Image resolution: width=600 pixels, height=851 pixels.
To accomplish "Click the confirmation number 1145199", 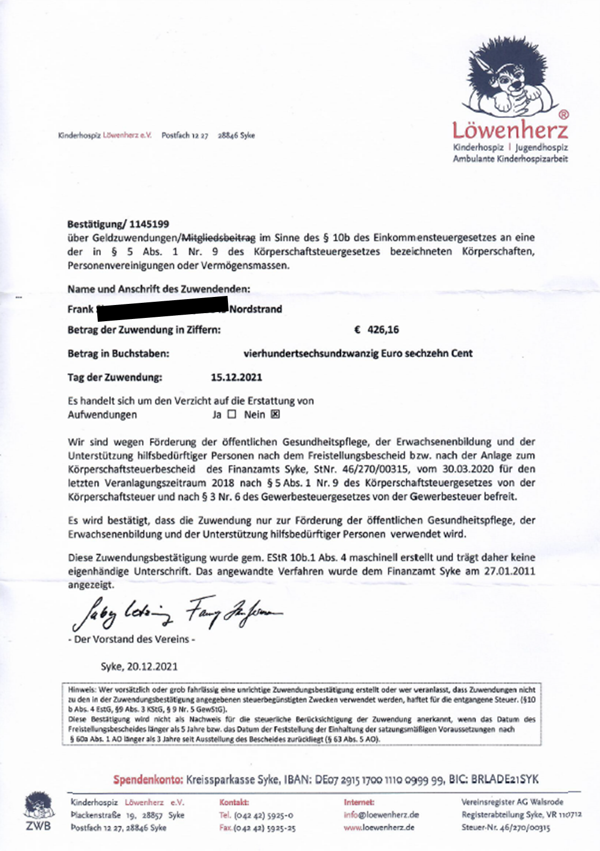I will pyautogui.click(x=149, y=224).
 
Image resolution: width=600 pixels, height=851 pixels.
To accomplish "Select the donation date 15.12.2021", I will pyautogui.click(x=237, y=377).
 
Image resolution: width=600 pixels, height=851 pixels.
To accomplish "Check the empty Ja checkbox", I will pyautogui.click(x=232, y=414).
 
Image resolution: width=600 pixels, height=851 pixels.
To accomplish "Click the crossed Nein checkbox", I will pyautogui.click(x=275, y=414).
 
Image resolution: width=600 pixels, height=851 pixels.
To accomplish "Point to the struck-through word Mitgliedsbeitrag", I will pyautogui.click(x=219, y=237).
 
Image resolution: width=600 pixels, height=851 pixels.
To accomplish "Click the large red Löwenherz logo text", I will pyautogui.click(x=510, y=130).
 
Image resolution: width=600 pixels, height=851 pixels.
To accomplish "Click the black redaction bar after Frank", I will pyautogui.click(x=161, y=309).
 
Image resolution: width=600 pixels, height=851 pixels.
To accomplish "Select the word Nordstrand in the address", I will pyautogui.click(x=255, y=309).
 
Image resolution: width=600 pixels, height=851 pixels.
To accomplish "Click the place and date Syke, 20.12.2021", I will pyautogui.click(x=139, y=666).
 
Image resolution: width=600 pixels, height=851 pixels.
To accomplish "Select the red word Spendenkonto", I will pyautogui.click(x=148, y=779).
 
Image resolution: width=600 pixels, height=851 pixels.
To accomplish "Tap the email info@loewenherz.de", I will pyautogui.click(x=381, y=815).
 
